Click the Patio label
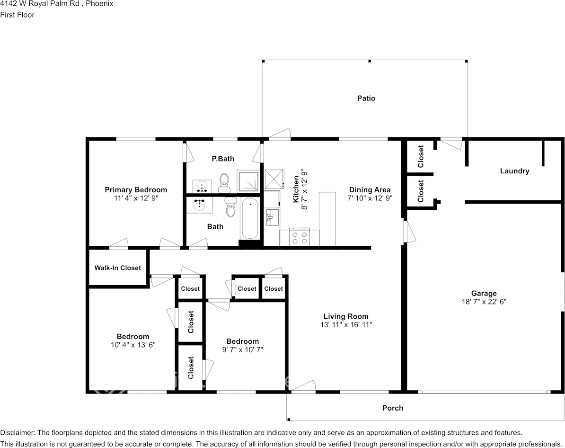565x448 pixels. coord(366,99)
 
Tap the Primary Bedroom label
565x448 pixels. coord(136,190)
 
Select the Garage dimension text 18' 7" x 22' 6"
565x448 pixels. coord(484,302)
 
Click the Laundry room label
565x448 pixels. coord(514,171)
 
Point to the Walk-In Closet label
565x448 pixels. coord(117,268)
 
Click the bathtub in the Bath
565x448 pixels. coord(250,219)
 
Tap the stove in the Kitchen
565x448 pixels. coord(299,237)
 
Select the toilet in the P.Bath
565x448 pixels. coord(224,182)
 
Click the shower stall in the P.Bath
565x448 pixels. coord(248,181)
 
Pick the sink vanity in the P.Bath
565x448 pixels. coord(202,186)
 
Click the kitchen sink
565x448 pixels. coord(271,217)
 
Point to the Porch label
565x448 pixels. coord(392,408)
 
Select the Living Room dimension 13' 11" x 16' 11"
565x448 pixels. coord(346,325)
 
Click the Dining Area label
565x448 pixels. coord(370,190)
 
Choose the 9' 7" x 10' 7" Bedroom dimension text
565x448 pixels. coord(242,350)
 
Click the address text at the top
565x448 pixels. coord(56,4)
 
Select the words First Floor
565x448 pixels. coord(18,15)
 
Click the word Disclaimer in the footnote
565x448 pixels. coord(18,432)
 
